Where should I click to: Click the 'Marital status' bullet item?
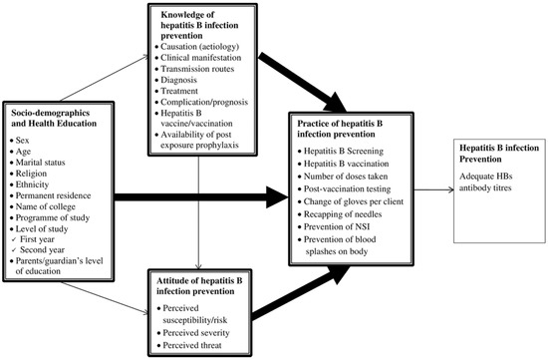(x=44, y=169)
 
